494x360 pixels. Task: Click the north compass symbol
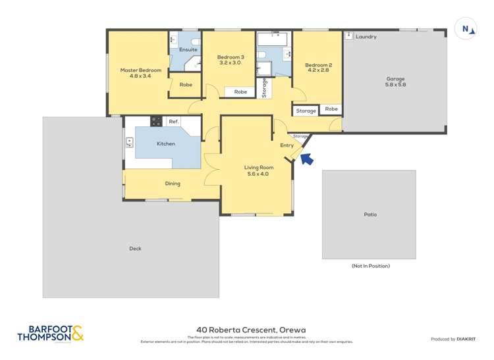tap(467, 29)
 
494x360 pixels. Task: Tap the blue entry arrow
tap(307, 159)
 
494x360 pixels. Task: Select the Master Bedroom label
tap(140, 73)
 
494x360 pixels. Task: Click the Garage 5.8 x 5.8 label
tap(395, 82)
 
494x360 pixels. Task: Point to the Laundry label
tap(366, 37)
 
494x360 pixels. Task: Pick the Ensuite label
tap(188, 49)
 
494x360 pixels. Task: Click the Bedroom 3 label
tap(231, 61)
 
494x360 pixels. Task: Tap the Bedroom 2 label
tap(318, 68)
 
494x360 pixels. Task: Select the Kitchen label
tap(165, 143)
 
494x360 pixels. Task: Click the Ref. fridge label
tap(174, 121)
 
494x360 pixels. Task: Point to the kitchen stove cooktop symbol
tap(156, 121)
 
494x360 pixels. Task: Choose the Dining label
tap(172, 184)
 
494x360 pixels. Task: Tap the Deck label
tap(135, 249)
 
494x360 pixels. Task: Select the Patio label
tap(370, 215)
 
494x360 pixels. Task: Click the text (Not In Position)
tap(370, 266)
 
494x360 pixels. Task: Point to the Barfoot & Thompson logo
tap(51, 334)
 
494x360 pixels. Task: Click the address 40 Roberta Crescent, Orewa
tap(250, 330)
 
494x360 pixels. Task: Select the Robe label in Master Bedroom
tap(186, 85)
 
